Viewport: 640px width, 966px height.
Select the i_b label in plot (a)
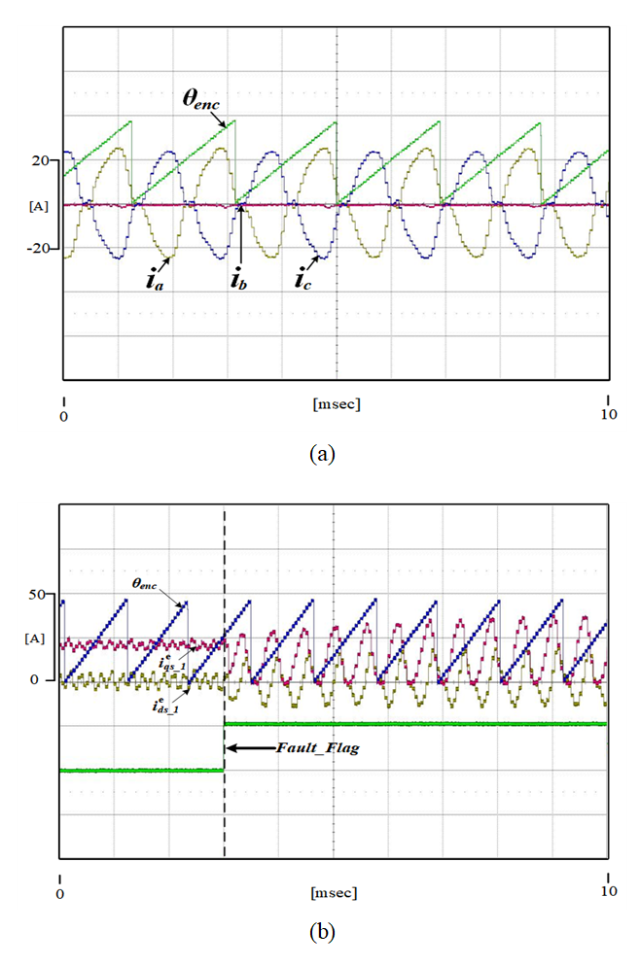click(x=237, y=281)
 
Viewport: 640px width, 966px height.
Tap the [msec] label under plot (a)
click(x=336, y=403)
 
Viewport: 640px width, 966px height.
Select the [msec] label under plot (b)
click(x=334, y=891)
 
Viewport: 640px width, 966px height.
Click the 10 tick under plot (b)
click(x=609, y=890)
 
